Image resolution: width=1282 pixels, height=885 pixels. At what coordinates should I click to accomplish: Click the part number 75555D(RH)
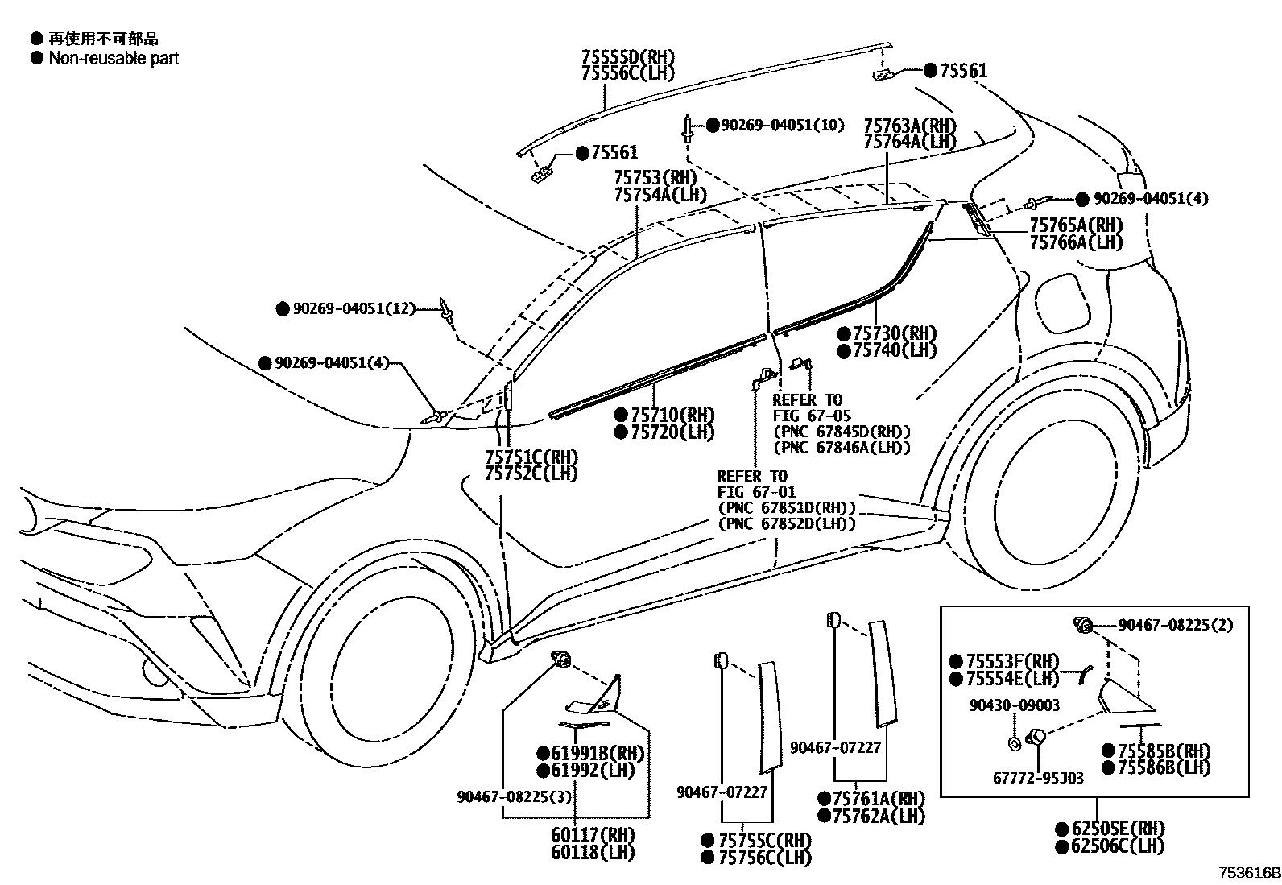tap(627, 57)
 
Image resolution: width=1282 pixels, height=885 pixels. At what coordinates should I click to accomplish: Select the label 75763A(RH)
tap(910, 126)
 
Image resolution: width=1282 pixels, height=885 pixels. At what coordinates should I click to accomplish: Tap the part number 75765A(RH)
tap(1075, 225)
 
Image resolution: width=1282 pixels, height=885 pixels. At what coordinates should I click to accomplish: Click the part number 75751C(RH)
tap(531, 457)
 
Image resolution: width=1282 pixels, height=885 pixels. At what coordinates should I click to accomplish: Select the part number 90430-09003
tap(1014, 705)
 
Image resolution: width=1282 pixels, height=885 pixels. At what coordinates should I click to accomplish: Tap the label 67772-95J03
tap(1037, 778)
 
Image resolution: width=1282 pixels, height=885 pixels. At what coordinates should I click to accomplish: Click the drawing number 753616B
tap(1248, 873)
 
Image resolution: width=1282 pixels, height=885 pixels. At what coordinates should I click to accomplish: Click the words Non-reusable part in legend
tap(114, 58)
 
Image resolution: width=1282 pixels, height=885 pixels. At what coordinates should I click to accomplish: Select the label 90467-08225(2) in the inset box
tap(1176, 625)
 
